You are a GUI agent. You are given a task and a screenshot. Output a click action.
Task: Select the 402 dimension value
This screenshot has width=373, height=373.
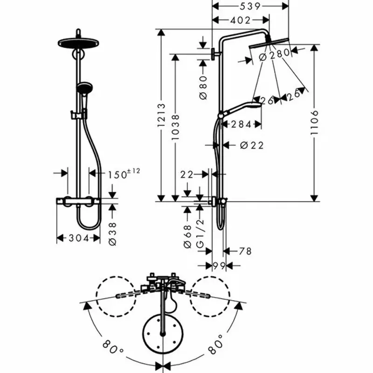[x=240, y=20]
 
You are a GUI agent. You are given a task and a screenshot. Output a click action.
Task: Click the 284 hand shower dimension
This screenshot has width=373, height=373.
[x=241, y=124]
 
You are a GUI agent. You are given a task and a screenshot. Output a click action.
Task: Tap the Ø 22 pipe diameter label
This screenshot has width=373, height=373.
[x=252, y=145]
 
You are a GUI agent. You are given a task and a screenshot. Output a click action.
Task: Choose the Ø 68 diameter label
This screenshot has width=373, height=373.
[x=188, y=236]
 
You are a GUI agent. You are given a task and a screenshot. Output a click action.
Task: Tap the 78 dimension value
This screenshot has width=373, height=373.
[x=245, y=251]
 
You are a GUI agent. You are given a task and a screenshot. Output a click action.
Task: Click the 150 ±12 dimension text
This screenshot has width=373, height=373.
[x=124, y=174]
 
